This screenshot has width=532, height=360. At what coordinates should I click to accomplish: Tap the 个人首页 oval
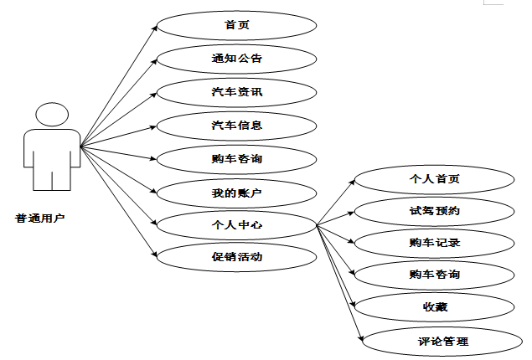pos(434,179)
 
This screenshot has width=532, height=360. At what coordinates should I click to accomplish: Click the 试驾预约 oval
pos(434,210)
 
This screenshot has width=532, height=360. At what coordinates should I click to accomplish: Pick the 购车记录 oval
pos(434,243)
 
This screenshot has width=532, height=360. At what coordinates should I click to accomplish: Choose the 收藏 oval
pos(434,307)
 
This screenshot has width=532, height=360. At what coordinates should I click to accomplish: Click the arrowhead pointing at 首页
pos(155,27)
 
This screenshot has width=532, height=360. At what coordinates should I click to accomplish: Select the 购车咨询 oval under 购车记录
pos(434,274)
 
